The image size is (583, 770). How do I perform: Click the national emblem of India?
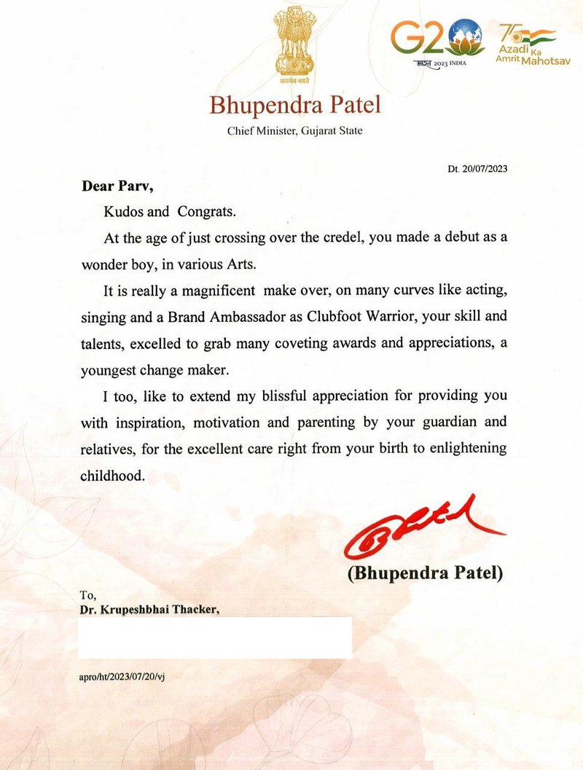click(x=295, y=47)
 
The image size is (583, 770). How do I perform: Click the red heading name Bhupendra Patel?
click(x=295, y=106)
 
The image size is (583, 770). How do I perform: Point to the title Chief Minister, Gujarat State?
click(x=295, y=131)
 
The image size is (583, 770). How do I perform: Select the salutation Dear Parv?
click(x=117, y=186)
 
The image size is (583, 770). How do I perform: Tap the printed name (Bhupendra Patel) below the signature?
click(x=425, y=573)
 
